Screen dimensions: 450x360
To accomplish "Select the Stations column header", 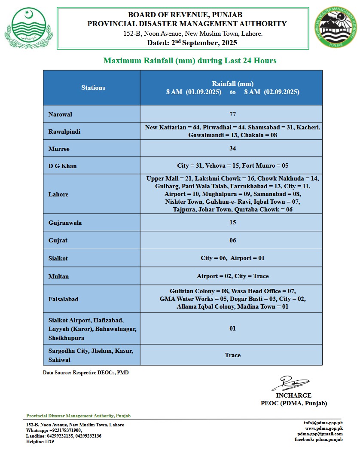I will pyautogui.click(x=93, y=88).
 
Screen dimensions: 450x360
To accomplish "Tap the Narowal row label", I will pyautogui.click(x=60, y=114).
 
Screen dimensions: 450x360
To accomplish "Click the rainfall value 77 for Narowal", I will pyautogui.click(x=232, y=114).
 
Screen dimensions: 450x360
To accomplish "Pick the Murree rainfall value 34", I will pyautogui.click(x=232, y=148).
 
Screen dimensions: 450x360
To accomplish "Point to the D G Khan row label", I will pyautogui.click(x=63, y=166).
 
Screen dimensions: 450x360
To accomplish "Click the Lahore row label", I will pyautogui.click(x=58, y=194).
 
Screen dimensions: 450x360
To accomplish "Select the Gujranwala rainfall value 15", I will pyautogui.click(x=232, y=223).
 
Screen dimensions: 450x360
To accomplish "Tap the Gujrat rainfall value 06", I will pyautogui.click(x=232, y=240).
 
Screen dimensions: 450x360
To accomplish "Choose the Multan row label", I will pyautogui.click(x=58, y=276).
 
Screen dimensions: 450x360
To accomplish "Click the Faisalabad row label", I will pyautogui.click(x=64, y=299).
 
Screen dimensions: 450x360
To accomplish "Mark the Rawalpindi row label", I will pyautogui.click(x=64, y=132).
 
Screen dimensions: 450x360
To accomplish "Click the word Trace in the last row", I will pyautogui.click(x=232, y=355).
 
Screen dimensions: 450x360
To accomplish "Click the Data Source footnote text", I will pyautogui.click(x=85, y=373).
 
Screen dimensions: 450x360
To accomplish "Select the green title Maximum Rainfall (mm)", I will pyautogui.click(x=189, y=61).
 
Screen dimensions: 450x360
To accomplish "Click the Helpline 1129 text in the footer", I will pyautogui.click(x=40, y=441).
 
